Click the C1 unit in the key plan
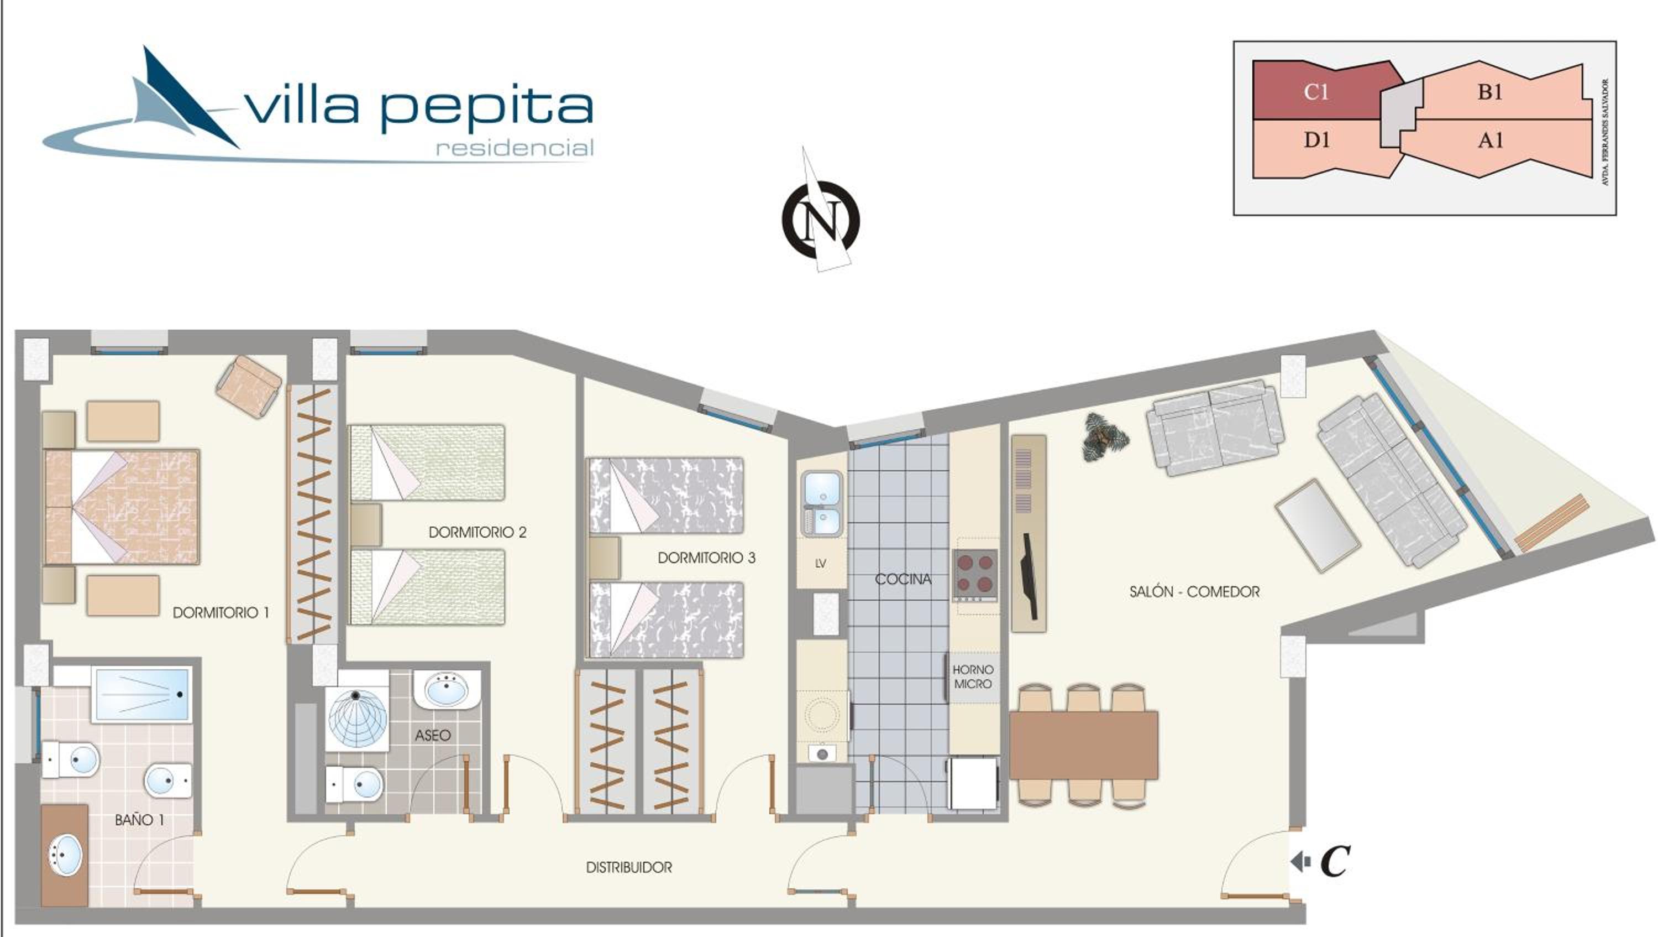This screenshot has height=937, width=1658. pyautogui.click(x=1316, y=92)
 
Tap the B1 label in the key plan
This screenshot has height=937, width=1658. pyautogui.click(x=1489, y=92)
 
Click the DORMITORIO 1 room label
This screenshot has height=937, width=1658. pyautogui.click(x=221, y=612)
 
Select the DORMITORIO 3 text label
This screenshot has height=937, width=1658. pyautogui.click(x=706, y=558)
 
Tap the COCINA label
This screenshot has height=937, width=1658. pyautogui.click(x=903, y=579)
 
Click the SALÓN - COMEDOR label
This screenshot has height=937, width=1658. pyautogui.click(x=1194, y=592)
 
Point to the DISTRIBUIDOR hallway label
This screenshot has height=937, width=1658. pyautogui.click(x=629, y=867)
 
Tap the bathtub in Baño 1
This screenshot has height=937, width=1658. pyautogui.click(x=141, y=694)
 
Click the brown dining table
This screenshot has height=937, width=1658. pyautogui.click(x=1083, y=745)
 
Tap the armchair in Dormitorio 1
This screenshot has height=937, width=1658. pyautogui.click(x=249, y=387)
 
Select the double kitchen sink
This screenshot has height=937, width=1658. pyautogui.click(x=821, y=503)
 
